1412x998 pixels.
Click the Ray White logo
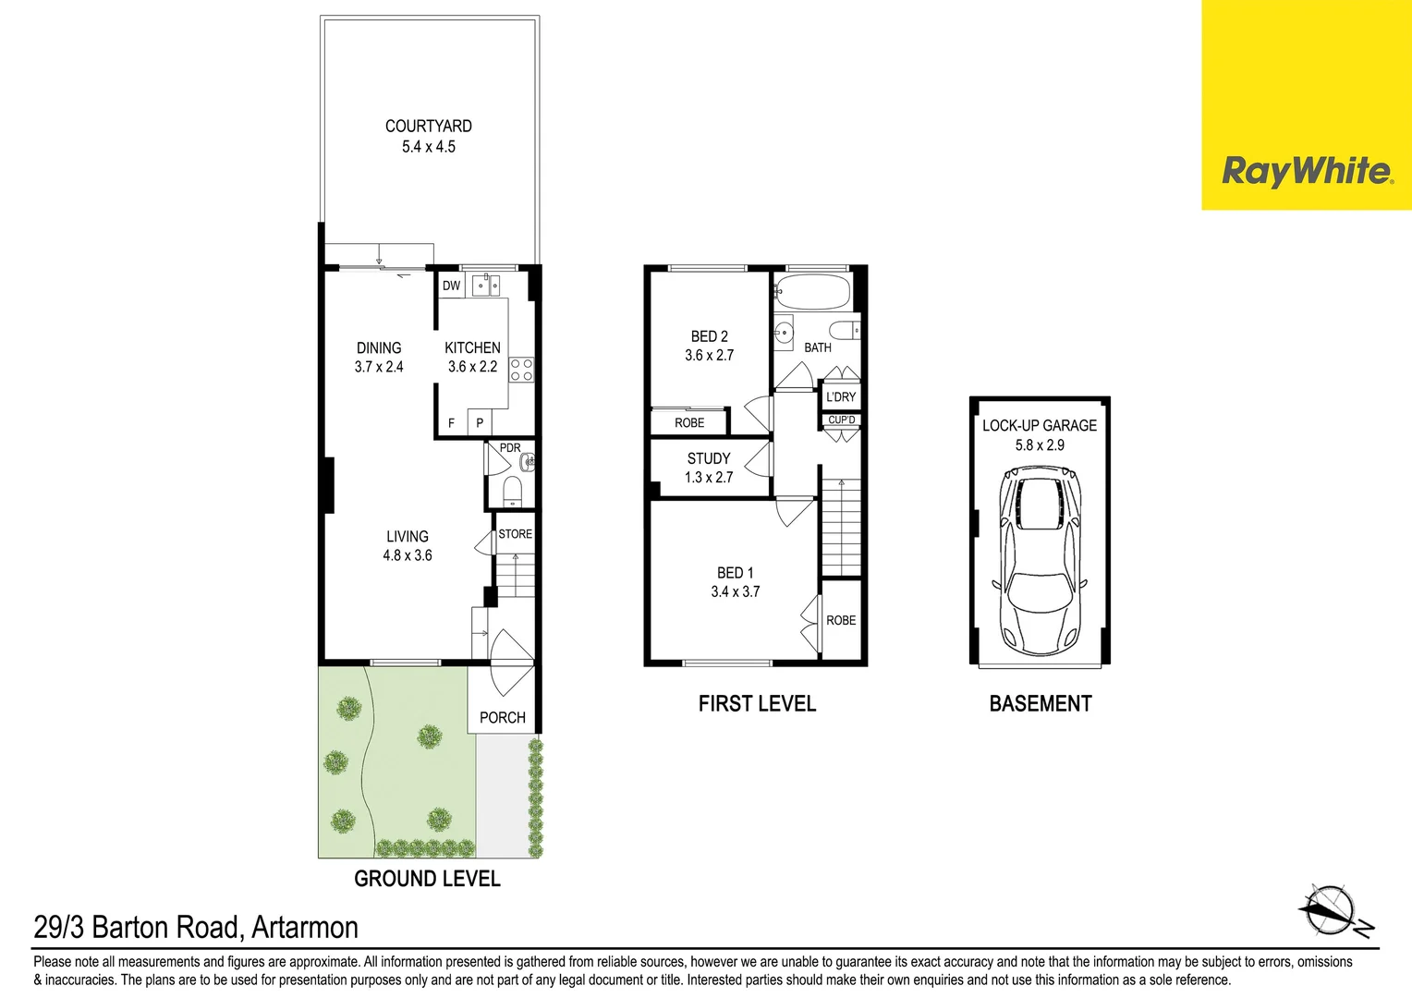[1306, 171]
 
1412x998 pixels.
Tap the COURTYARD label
[428, 127]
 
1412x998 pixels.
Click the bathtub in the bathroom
[812, 291]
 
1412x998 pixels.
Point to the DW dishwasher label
[451, 286]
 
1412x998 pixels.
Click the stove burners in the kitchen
[521, 370]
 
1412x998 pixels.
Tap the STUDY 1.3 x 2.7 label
[709, 468]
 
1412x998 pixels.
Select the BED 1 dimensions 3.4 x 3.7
[735, 592]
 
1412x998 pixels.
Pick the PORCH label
[502, 717]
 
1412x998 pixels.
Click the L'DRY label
[841, 397]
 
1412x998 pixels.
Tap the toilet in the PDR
[512, 489]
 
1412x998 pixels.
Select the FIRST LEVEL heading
[757, 704]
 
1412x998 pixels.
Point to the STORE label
[515, 534]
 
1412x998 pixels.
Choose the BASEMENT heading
[1040, 704]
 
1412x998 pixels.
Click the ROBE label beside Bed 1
[841, 620]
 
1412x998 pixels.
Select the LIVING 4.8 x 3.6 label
[408, 545]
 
